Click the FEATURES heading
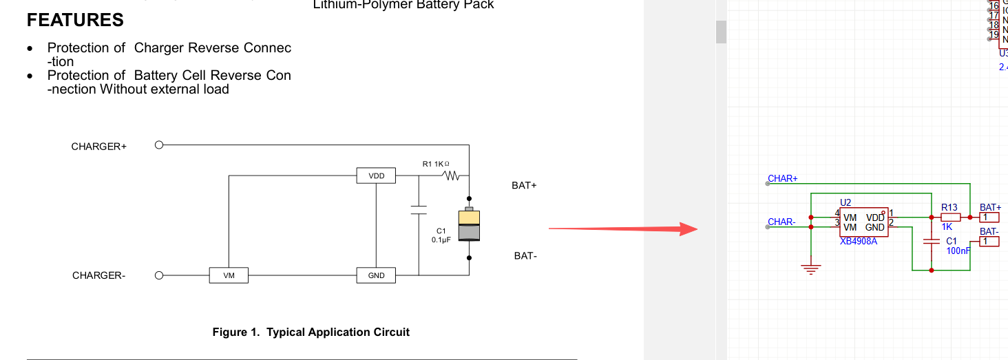tap(75, 20)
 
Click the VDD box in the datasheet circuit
tap(376, 176)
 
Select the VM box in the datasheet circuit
tap(229, 275)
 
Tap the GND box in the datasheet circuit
tap(376, 275)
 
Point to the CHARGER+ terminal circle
tap(159, 145)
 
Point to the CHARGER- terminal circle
tap(159, 275)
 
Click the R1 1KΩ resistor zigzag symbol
tap(452, 176)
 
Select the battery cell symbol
tap(469, 224)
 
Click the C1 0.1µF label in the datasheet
tap(441, 235)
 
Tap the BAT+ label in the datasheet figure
tap(524, 186)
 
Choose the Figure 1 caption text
tap(311, 332)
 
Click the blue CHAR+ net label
tap(783, 178)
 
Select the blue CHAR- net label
tap(781, 222)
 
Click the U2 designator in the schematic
tap(846, 202)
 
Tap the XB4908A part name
tap(859, 242)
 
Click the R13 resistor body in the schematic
tap(950, 217)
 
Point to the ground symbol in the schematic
tap(812, 268)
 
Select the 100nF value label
tap(958, 251)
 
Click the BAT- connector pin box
tap(989, 242)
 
